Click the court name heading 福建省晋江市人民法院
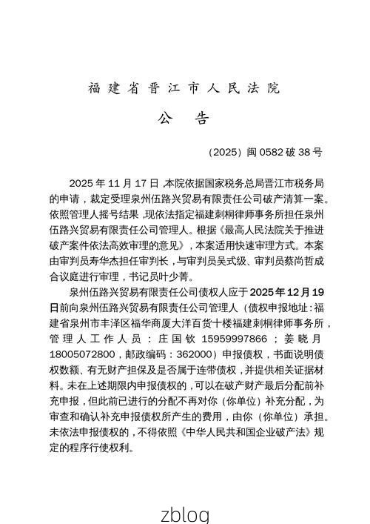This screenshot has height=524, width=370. point(184,88)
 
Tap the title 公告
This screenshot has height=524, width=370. point(184,119)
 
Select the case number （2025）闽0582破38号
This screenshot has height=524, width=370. point(265,153)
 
